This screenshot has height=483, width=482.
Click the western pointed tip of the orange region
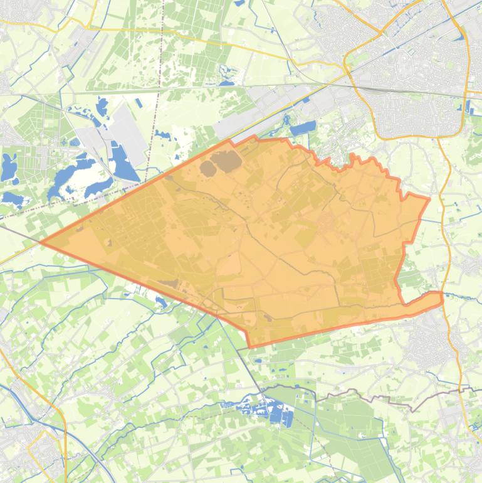(x=41, y=242)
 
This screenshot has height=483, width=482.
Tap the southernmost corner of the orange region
(x=249, y=346)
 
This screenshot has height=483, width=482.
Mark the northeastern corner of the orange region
(x=429, y=199)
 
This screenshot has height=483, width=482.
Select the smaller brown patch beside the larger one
(x=207, y=167)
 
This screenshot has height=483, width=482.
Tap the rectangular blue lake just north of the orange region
(x=303, y=129)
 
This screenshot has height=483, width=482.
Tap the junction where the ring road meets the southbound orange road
(x=439, y=137)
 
